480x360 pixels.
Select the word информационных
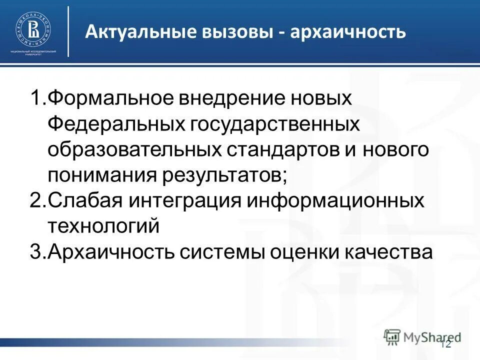tap(334, 201)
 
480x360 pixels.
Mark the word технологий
tap(104, 227)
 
